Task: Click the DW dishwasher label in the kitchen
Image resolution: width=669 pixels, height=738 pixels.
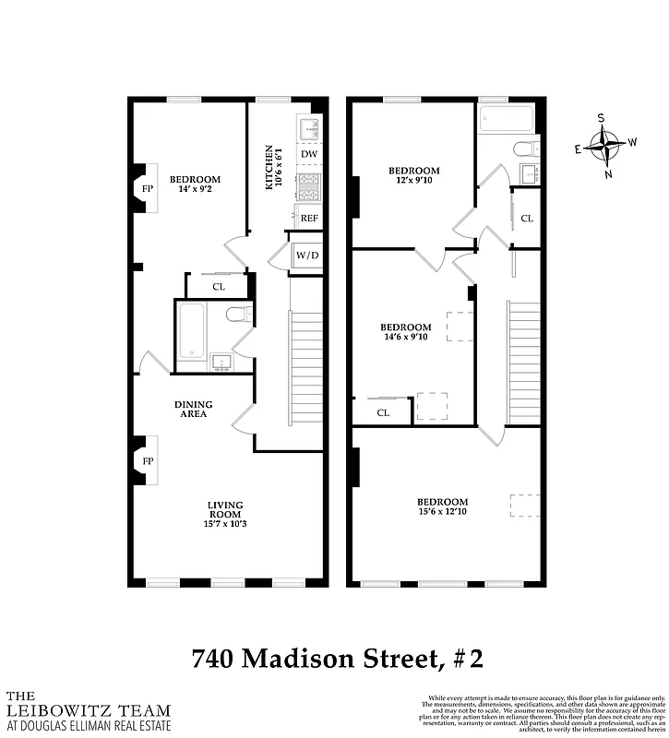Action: tap(309, 154)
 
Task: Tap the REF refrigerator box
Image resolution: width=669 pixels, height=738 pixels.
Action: tap(309, 218)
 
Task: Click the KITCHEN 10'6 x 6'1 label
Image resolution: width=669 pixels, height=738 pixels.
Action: tap(270, 167)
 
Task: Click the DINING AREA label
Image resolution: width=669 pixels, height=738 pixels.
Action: tap(194, 409)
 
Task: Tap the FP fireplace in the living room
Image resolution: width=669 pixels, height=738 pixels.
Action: tap(147, 461)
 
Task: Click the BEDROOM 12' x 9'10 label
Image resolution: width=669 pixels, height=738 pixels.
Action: tap(413, 175)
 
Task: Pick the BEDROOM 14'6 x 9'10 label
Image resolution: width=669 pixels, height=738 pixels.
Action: tap(406, 332)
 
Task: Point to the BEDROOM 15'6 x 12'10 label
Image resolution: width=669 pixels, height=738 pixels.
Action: tap(441, 506)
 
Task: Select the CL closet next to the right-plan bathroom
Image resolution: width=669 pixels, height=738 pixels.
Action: tap(526, 219)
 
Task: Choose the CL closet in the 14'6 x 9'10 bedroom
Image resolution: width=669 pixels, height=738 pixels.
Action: tap(382, 412)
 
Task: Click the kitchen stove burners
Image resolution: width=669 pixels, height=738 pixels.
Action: tap(308, 186)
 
